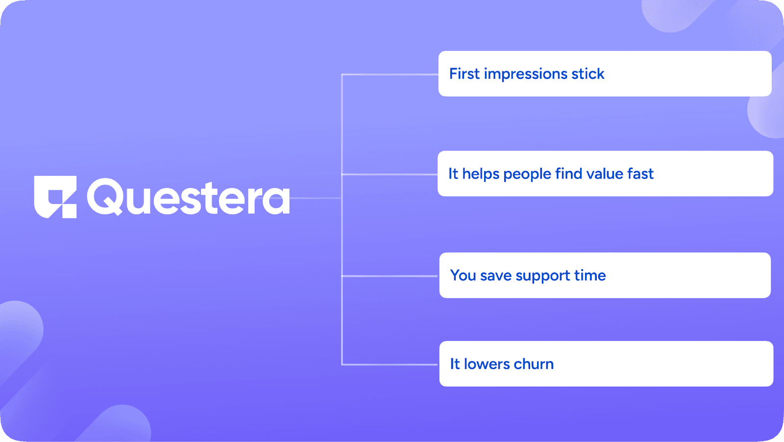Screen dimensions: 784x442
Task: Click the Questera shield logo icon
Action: coord(55,197)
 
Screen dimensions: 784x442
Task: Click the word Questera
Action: coord(188,197)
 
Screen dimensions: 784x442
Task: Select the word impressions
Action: coord(525,74)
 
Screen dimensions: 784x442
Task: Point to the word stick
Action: coord(588,74)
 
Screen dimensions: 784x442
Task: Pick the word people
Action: coord(527,174)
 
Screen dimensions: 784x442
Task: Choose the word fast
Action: coord(640,174)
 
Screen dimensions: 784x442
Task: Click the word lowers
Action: coord(487,364)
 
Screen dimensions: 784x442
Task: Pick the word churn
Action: coord(534,364)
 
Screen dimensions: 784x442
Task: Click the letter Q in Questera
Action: coord(104,196)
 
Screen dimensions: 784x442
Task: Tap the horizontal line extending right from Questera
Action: coord(316,198)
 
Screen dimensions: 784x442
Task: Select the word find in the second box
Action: coord(569,174)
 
